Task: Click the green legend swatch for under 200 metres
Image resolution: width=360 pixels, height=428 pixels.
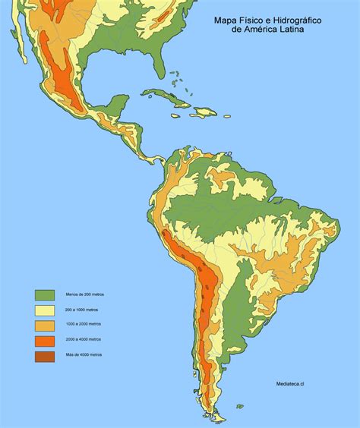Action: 45,294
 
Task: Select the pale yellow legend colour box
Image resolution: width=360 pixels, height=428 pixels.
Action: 45,310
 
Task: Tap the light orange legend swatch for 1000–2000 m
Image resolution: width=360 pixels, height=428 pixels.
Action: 45,325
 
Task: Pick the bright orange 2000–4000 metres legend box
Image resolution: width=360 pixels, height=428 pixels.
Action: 45,340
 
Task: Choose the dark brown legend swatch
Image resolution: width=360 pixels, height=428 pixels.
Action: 45,355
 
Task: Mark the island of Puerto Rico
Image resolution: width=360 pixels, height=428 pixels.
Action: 227,115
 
